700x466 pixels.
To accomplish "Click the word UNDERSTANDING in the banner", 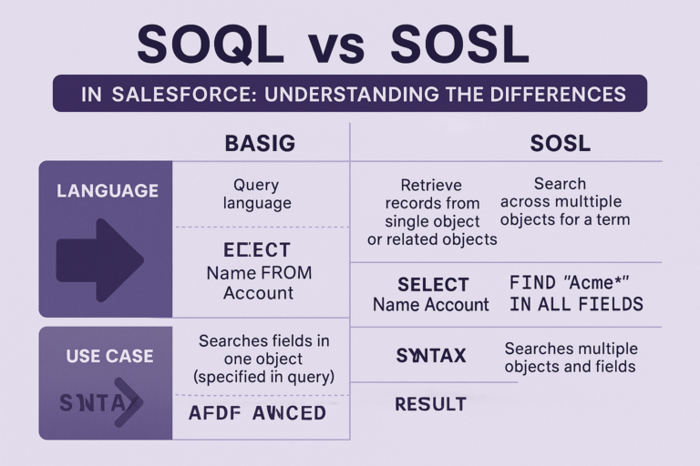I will [x=354, y=95].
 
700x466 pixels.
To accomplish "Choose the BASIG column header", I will [x=261, y=143].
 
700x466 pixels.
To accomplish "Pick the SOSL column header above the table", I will [x=560, y=143].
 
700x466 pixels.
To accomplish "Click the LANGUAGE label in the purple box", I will [x=107, y=191].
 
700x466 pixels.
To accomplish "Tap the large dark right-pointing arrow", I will [x=99, y=259].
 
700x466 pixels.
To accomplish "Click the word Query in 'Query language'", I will [x=256, y=185].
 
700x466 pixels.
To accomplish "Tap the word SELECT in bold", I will [x=433, y=284].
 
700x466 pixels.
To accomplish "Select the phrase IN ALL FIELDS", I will [x=576, y=304].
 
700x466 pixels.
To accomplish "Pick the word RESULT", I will [x=431, y=404].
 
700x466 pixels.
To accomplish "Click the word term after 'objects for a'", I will [x=611, y=219].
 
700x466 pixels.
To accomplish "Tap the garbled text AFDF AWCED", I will [x=257, y=413].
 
